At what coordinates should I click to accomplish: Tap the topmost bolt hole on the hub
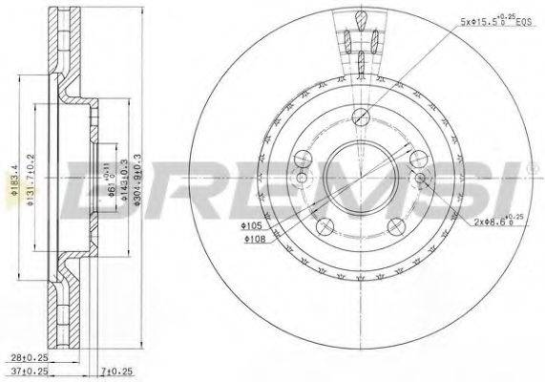(360, 117)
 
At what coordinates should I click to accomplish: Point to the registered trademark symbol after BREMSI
(530, 170)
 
